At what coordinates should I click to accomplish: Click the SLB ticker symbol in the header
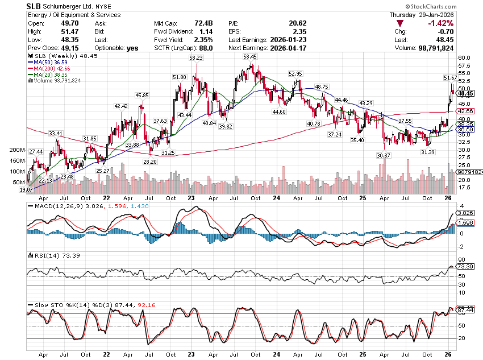click(x=35, y=6)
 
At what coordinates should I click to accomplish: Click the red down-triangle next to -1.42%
click(x=401, y=23)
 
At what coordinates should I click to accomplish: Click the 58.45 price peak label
click(x=249, y=57)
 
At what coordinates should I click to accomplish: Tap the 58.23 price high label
click(x=197, y=57)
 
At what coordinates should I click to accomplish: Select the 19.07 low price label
click(x=26, y=189)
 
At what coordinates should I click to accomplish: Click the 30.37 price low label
click(x=385, y=155)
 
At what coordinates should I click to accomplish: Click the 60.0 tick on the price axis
click(x=465, y=57)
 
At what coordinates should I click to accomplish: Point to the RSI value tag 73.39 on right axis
click(x=465, y=266)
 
